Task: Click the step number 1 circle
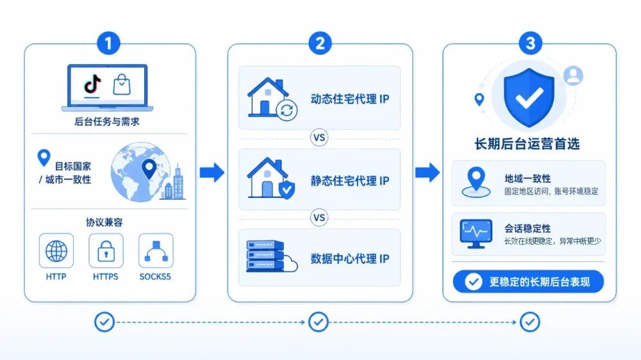click(x=108, y=44)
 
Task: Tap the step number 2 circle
click(x=320, y=44)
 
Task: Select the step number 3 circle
click(x=530, y=44)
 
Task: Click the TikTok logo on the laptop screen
click(x=92, y=85)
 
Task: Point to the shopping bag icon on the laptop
click(x=121, y=84)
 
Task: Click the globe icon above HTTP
click(x=56, y=251)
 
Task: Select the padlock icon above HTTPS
click(x=106, y=251)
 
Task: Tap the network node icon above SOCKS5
click(x=156, y=251)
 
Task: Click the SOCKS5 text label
click(x=155, y=277)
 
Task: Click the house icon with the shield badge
click(x=271, y=179)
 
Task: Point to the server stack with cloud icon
click(x=271, y=256)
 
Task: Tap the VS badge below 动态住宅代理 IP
click(x=319, y=138)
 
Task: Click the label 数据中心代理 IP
click(x=349, y=259)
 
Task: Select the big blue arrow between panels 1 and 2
click(x=212, y=172)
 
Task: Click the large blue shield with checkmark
click(x=529, y=97)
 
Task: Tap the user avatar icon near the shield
click(x=573, y=76)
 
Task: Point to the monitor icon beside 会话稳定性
click(x=476, y=234)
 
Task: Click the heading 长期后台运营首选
click(x=527, y=144)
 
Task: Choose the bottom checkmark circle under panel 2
click(x=319, y=322)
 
